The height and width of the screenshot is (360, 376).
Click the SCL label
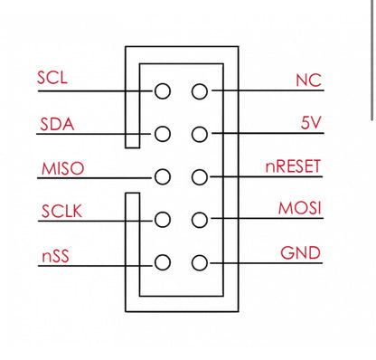click(52, 78)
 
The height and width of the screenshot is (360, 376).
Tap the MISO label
click(61, 169)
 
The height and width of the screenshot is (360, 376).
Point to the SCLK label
click(61, 213)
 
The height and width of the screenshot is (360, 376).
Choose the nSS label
click(54, 256)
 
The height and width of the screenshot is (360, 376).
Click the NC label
click(308, 81)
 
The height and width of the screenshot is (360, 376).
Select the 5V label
click(311, 123)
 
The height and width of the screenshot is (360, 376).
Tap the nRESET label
click(293, 166)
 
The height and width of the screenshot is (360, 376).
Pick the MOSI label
click(300, 209)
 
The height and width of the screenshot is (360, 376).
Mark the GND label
click(300, 252)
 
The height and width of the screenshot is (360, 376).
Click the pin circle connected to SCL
click(163, 91)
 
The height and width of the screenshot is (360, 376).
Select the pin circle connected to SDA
click(163, 134)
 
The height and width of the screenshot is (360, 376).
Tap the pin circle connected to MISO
click(163, 176)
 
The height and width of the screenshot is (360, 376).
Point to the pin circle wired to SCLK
click(163, 220)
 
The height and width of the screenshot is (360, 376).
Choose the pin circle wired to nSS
click(163, 263)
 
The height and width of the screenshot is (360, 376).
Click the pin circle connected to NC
click(200, 91)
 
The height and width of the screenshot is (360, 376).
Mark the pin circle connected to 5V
click(200, 134)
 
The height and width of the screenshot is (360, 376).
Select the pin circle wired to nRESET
click(200, 176)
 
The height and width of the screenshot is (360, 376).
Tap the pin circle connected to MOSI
click(200, 220)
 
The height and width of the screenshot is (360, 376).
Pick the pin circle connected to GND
click(200, 263)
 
